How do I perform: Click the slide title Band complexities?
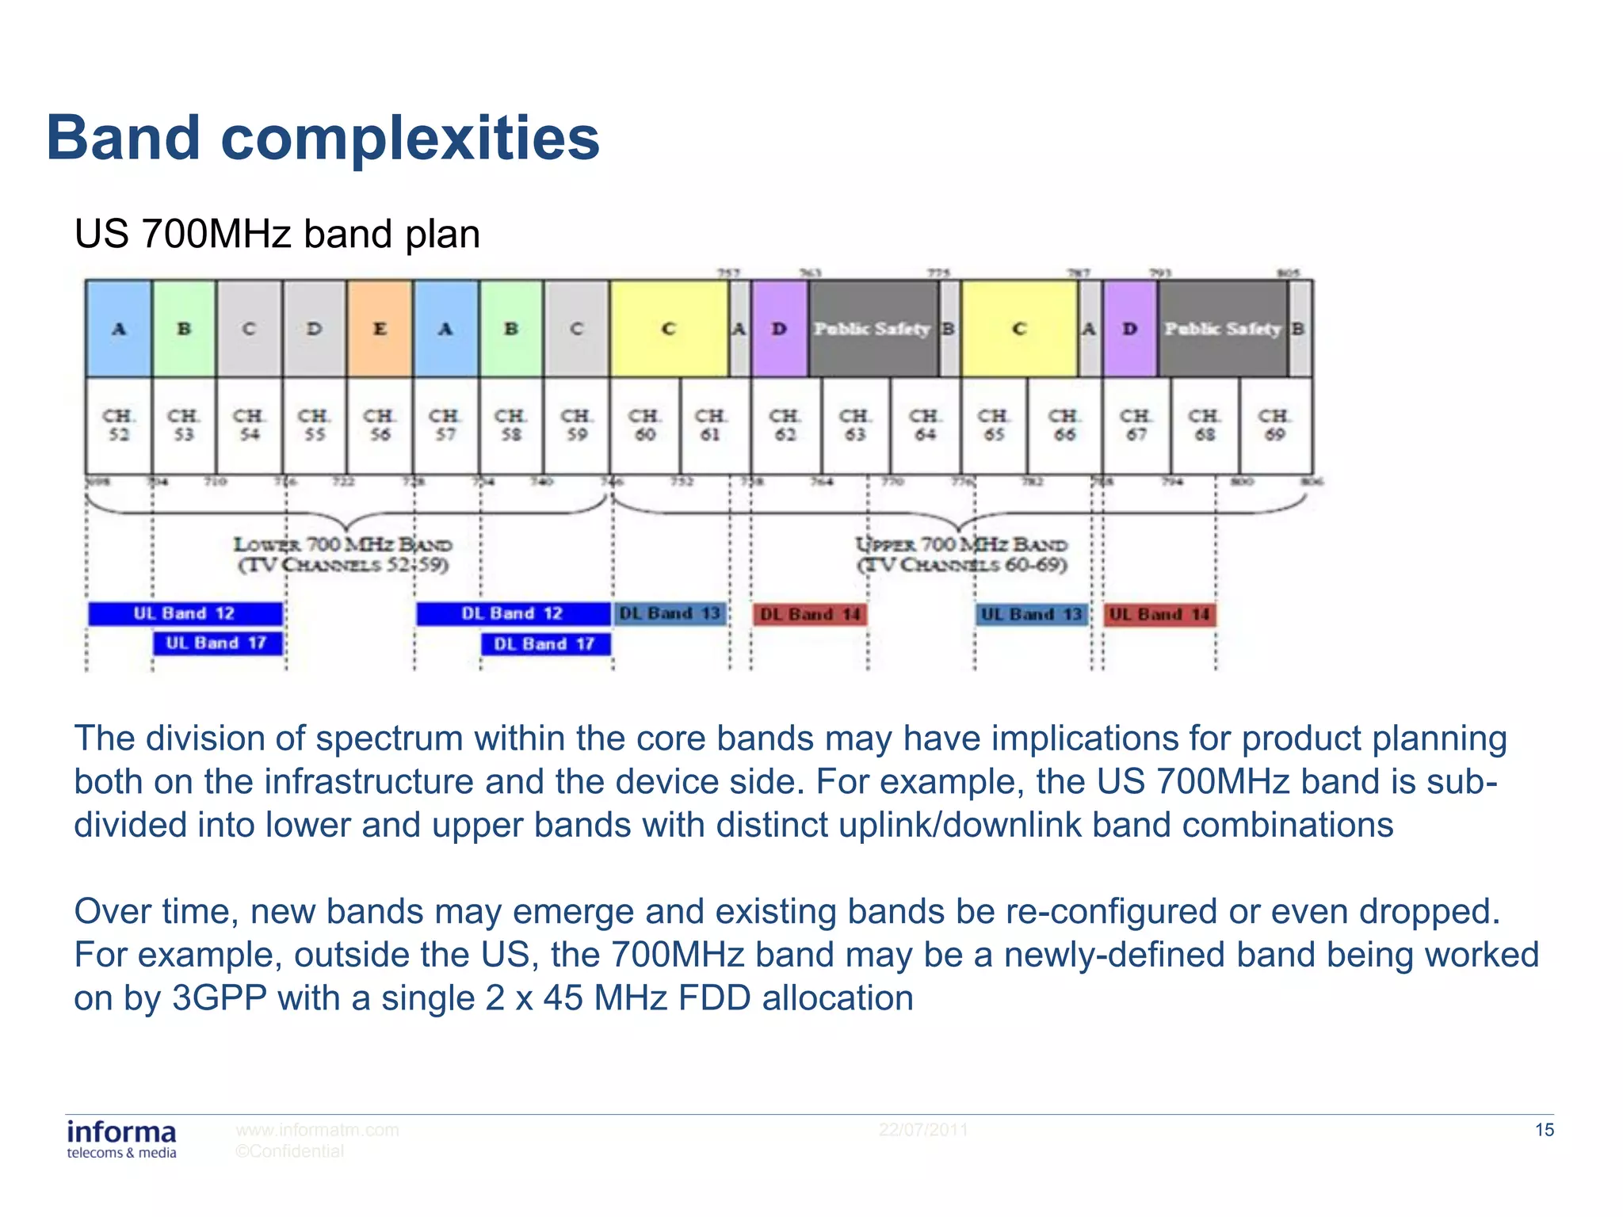[x=323, y=138]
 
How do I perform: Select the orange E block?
[x=380, y=328]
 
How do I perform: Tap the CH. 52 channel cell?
[x=119, y=425]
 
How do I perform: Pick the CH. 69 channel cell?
[x=1274, y=425]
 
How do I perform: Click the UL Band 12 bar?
[x=185, y=613]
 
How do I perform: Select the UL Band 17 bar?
[x=217, y=643]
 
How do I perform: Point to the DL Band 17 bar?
[x=544, y=643]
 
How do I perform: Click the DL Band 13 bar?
[x=670, y=613]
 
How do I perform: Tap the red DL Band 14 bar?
[x=809, y=614]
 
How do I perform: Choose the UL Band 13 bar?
[x=1031, y=614]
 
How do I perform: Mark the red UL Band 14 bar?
[x=1159, y=614]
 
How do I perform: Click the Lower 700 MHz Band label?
[x=343, y=554]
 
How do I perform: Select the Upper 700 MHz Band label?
[x=961, y=554]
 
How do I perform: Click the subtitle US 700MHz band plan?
[x=277, y=235]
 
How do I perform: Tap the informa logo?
[x=121, y=1139]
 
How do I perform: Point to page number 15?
[x=1544, y=1130]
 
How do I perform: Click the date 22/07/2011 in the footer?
[x=923, y=1130]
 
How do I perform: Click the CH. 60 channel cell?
[x=644, y=425]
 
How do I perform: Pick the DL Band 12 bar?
[x=512, y=613]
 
